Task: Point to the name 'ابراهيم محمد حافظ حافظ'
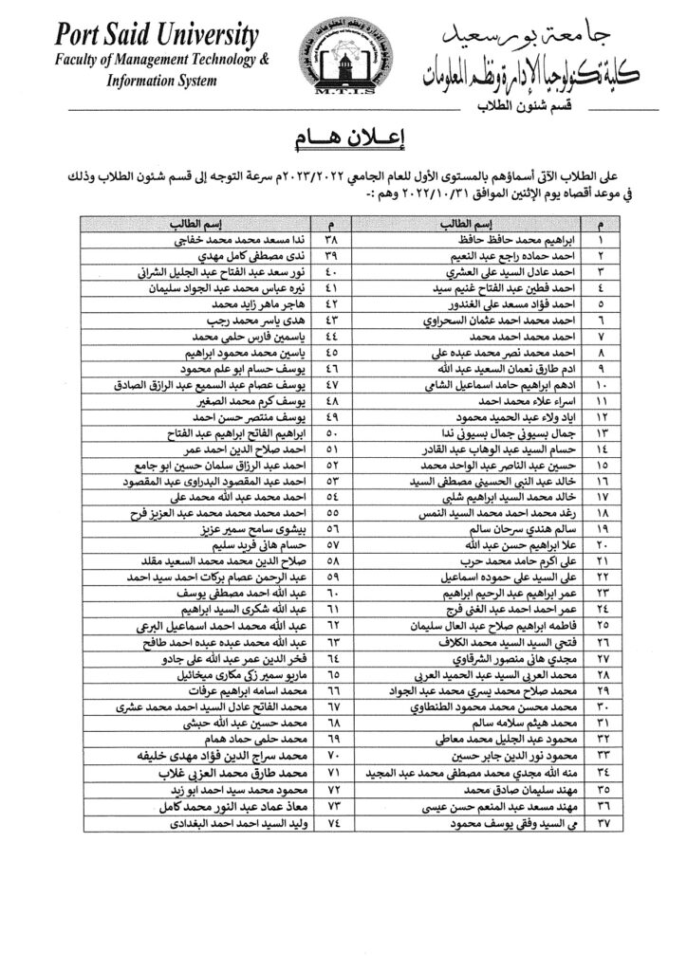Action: (498, 241)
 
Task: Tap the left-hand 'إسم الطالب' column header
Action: (197, 225)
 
